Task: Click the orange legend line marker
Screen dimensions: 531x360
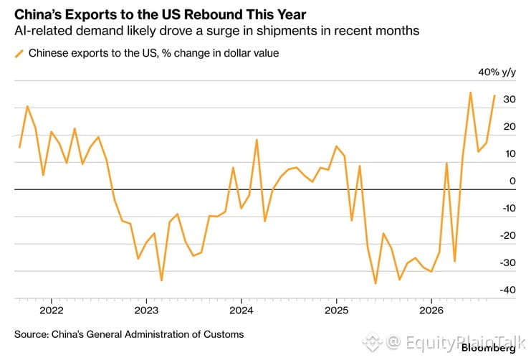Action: [19, 54]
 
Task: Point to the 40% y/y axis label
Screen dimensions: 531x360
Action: [497, 72]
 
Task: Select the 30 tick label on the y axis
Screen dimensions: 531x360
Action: [510, 99]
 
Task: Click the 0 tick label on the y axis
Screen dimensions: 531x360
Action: [512, 181]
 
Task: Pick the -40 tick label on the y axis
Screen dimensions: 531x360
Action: [507, 290]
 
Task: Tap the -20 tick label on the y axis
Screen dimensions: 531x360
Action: [507, 235]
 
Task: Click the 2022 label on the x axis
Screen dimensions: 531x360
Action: [52, 311]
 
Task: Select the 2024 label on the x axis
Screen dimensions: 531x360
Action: [241, 311]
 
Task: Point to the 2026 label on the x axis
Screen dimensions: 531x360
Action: [431, 311]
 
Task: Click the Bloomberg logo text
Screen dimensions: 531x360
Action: [488, 348]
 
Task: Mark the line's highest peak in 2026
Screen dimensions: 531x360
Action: [470, 93]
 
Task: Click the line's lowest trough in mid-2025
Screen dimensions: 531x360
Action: [375, 283]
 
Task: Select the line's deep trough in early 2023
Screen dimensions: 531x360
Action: [161, 280]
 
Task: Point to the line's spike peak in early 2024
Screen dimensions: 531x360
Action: [257, 140]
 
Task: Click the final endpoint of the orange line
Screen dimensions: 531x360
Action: [494, 95]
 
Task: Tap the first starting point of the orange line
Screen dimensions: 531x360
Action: [19, 148]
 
